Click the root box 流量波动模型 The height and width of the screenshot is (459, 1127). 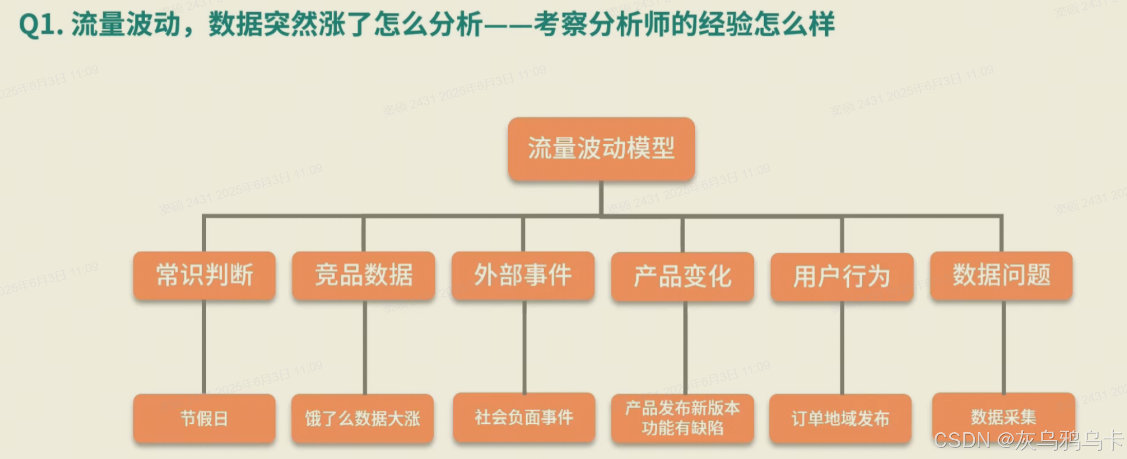click(x=601, y=149)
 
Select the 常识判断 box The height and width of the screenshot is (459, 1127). click(x=204, y=275)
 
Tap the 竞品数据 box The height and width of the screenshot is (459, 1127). click(x=363, y=275)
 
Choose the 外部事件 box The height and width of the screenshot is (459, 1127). click(x=523, y=275)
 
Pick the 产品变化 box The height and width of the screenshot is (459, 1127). click(x=682, y=277)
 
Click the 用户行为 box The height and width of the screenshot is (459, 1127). click(x=842, y=277)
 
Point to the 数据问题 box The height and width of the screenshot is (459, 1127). click(x=1001, y=275)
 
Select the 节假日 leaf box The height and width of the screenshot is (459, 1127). click(x=204, y=418)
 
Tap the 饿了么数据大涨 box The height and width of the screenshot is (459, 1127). click(x=362, y=418)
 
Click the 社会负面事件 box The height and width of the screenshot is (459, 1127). click(x=524, y=417)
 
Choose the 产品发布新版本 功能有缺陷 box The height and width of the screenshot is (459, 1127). click(x=682, y=418)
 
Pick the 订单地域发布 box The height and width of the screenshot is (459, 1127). click(x=840, y=418)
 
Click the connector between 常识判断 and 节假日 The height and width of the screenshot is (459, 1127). click(x=204, y=347)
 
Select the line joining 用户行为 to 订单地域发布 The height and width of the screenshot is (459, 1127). click(x=842, y=347)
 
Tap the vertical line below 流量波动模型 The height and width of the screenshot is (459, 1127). click(x=601, y=198)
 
